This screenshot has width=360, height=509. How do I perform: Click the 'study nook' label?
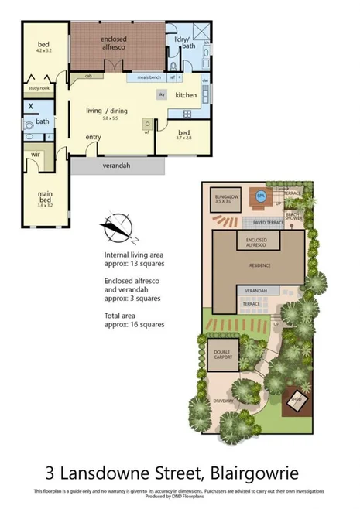pos(38,88)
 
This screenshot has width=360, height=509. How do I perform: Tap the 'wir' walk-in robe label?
pos(36,155)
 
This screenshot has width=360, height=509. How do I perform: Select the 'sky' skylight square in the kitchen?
pos(161,94)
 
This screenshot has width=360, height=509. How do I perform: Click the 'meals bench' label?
pos(149,77)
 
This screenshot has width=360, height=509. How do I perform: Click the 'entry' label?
pos(94,138)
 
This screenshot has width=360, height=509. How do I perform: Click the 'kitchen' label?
pos(186,95)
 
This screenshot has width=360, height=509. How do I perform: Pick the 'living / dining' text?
pos(107,111)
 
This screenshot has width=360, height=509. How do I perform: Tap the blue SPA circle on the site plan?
pos(262,196)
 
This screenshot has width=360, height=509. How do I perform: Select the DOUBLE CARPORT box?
pos(221,356)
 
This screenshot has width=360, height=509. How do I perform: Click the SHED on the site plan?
pos(296,400)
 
